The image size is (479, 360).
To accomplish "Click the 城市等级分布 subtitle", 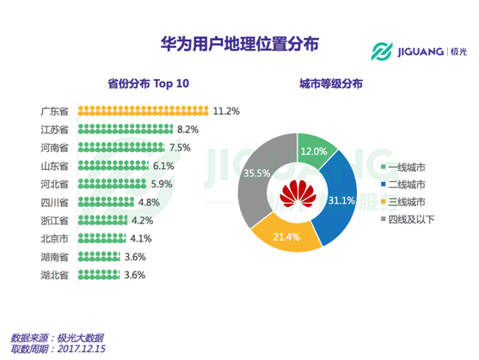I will pos(330,84).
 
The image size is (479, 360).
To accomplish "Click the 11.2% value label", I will pos(226,112).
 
